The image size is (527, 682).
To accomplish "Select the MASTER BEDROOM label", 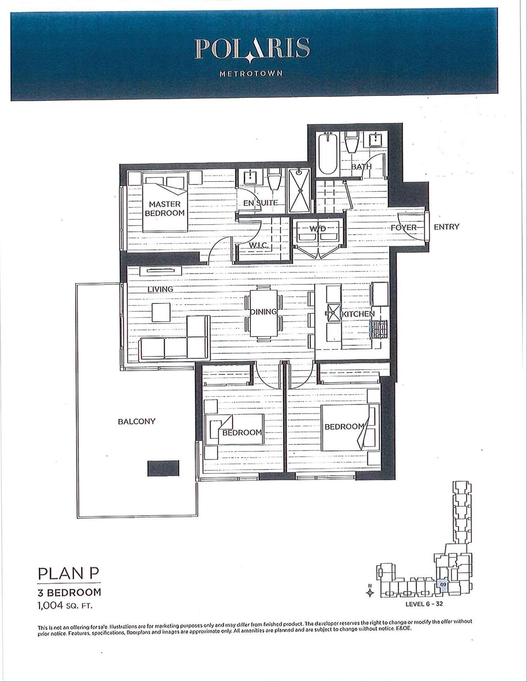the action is (x=164, y=208).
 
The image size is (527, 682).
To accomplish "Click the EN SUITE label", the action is (x=261, y=203).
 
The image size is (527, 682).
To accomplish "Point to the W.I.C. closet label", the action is (x=259, y=245).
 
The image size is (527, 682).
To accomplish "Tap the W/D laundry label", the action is (x=318, y=228).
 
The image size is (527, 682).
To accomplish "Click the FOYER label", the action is (x=403, y=228).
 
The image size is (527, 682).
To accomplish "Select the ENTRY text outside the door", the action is (x=446, y=227).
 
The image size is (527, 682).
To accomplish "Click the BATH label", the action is (x=361, y=167).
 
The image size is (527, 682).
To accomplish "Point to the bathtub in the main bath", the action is (x=328, y=154).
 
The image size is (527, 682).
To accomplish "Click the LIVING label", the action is (x=161, y=289).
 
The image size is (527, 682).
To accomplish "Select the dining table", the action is (x=263, y=313).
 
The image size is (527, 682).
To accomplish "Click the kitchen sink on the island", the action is (x=333, y=313).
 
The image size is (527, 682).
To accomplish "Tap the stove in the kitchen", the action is (x=380, y=330).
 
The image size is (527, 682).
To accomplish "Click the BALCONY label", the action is (x=137, y=421).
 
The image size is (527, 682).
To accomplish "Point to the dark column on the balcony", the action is (x=163, y=468).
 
